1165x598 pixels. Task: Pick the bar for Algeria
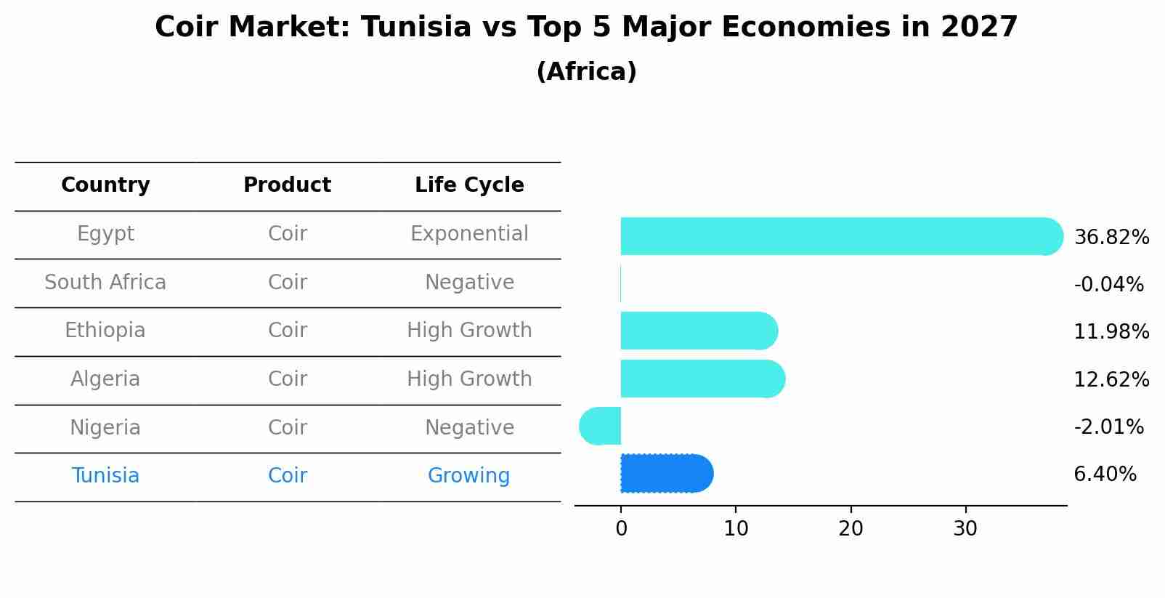click(x=702, y=379)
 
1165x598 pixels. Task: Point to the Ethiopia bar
click(x=698, y=331)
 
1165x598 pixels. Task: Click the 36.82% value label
click(x=1111, y=238)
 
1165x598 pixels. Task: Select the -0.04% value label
click(x=1108, y=284)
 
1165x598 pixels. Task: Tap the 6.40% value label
click(x=1104, y=474)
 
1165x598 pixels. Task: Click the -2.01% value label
click(x=1108, y=427)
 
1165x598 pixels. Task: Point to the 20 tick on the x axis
click(x=851, y=529)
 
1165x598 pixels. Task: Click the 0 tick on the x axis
click(x=621, y=529)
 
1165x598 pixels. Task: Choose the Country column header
click(x=105, y=185)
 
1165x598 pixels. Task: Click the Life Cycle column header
click(x=469, y=185)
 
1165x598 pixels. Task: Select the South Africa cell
click(x=105, y=282)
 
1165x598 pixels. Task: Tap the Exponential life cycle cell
click(x=469, y=234)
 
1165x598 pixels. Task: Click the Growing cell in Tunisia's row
click(x=468, y=476)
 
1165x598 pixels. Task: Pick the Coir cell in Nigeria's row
click(x=287, y=427)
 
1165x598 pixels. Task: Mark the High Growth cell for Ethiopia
click(x=469, y=331)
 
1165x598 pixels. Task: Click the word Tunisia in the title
click(x=416, y=28)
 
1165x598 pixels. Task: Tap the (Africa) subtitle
click(x=586, y=72)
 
